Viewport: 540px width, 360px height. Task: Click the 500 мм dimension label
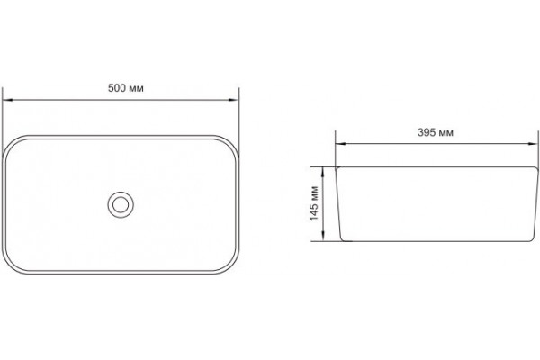click(x=126, y=88)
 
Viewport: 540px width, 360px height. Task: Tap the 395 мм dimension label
click(x=436, y=132)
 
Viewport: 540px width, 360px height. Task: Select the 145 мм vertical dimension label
click(x=314, y=203)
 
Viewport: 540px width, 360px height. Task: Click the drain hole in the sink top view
click(x=121, y=205)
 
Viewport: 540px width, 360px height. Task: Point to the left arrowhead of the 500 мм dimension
click(x=7, y=100)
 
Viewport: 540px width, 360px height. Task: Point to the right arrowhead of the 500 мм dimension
click(x=234, y=100)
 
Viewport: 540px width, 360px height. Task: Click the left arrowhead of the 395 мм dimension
click(x=341, y=144)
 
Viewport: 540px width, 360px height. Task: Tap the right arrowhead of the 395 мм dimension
click(x=533, y=144)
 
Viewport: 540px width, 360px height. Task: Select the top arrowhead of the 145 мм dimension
click(x=323, y=172)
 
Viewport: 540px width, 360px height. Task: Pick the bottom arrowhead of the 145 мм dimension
click(x=323, y=237)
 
